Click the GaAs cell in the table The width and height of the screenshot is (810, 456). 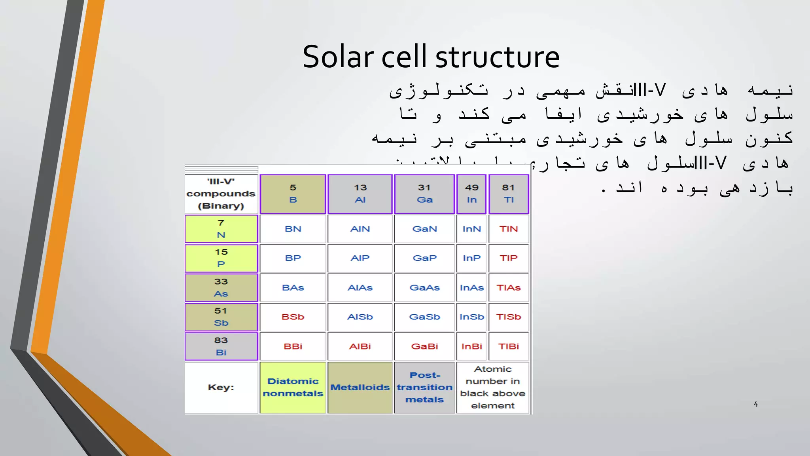point(424,288)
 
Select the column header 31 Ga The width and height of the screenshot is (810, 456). point(424,194)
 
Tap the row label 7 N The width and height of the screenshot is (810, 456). point(221,229)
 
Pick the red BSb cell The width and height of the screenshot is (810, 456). point(293,317)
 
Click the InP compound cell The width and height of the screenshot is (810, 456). point(471,258)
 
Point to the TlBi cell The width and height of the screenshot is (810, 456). point(509,346)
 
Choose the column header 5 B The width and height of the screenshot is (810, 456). point(293,194)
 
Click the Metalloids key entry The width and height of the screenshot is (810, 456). point(360,388)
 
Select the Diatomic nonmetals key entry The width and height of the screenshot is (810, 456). point(293,388)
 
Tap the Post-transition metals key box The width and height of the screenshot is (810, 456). point(424,388)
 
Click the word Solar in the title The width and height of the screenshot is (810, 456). point(338,57)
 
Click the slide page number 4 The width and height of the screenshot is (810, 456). point(756,404)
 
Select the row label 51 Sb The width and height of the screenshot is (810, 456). point(221,317)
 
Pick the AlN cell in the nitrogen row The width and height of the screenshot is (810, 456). point(360,229)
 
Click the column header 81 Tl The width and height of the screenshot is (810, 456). point(509,194)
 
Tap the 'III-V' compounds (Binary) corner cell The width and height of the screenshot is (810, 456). point(221,194)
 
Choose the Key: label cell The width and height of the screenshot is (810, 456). point(221,388)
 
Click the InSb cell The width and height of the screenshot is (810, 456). point(471,317)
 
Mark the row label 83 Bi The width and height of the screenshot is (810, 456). point(221,346)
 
